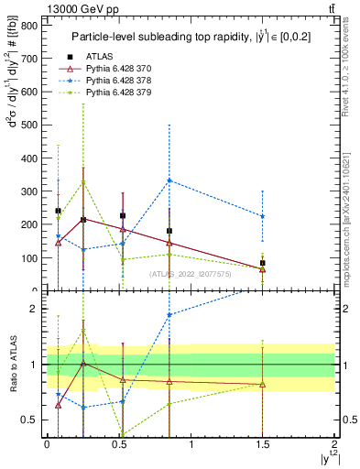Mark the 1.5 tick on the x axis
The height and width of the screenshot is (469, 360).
(263, 444)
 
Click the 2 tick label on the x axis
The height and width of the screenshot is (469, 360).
(334, 444)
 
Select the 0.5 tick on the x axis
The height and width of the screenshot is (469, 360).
(119, 444)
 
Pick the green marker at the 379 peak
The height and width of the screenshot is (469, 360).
(83, 181)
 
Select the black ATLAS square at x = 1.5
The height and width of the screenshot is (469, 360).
(263, 263)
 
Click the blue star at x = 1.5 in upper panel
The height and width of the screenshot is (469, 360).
(263, 216)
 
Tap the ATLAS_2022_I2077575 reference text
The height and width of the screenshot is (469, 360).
(192, 273)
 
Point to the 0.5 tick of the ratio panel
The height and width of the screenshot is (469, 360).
(32, 420)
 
